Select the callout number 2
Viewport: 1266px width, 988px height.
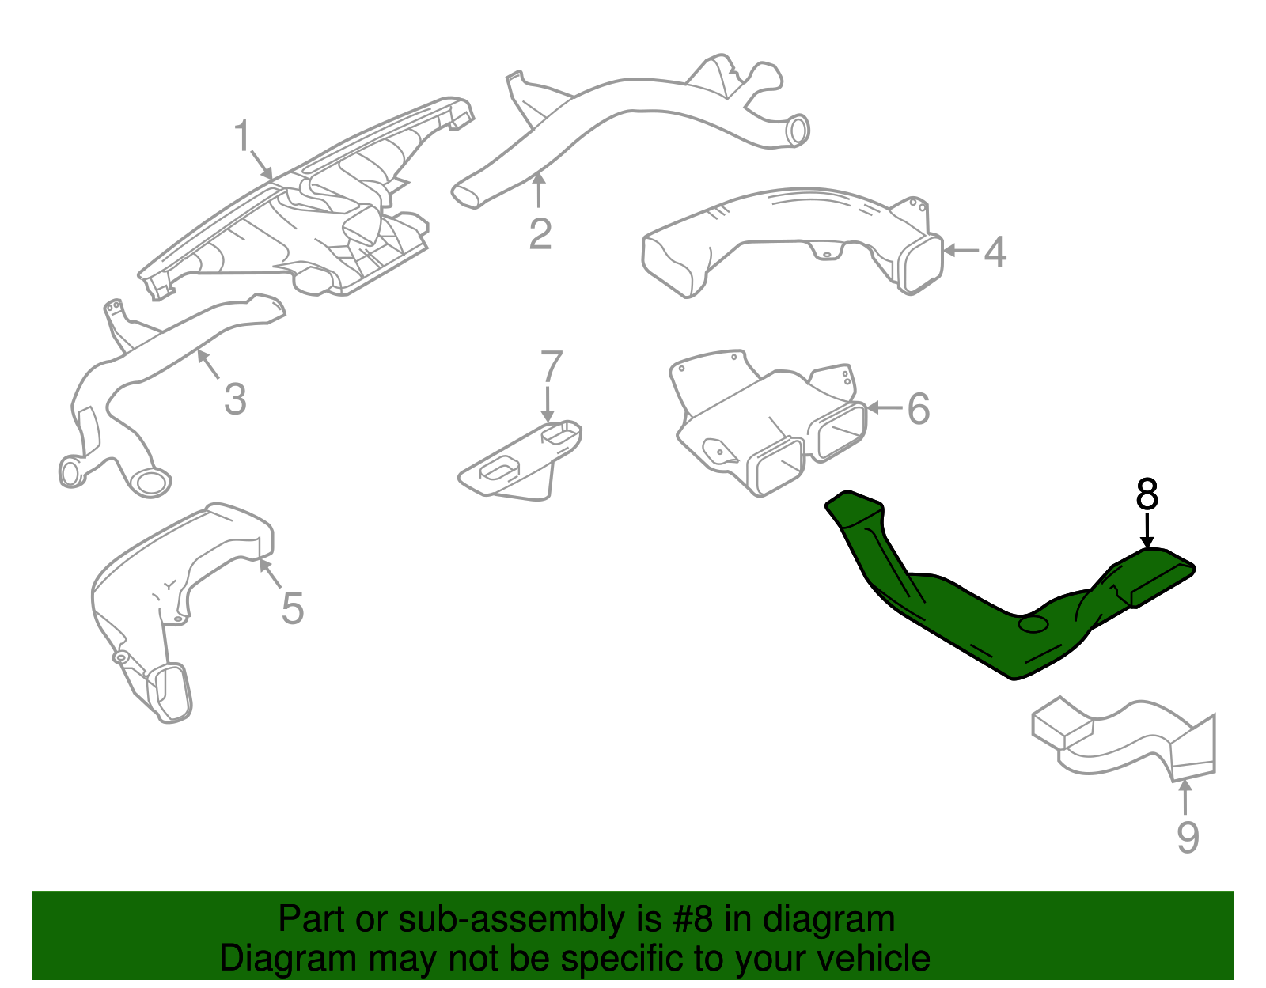click(x=540, y=234)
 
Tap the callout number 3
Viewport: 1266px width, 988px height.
click(x=235, y=399)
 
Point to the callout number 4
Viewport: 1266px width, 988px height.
click(x=995, y=252)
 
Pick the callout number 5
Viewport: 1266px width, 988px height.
click(x=293, y=609)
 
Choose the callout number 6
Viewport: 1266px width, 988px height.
click(x=918, y=409)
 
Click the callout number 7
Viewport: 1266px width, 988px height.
click(x=551, y=367)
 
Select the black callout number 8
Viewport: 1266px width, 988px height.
click(x=1147, y=496)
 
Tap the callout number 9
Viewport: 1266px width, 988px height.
click(x=1188, y=838)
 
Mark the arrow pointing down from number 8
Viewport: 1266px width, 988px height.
click(x=1147, y=530)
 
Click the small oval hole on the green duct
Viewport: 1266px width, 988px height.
click(x=1033, y=625)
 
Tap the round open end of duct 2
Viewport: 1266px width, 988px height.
click(x=798, y=131)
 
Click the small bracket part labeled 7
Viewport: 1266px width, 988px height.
click(x=518, y=467)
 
